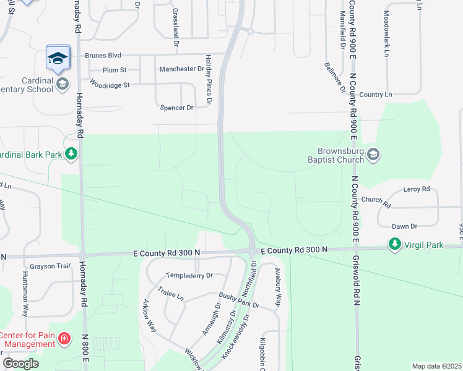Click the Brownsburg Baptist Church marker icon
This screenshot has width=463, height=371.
(373, 154)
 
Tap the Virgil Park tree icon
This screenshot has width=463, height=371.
(394, 245)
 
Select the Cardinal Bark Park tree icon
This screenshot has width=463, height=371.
(72, 153)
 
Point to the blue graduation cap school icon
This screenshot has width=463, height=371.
(58, 58)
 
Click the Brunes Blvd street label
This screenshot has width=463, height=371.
(104, 54)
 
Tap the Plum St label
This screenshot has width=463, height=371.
(115, 70)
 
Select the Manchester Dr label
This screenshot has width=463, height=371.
(181, 69)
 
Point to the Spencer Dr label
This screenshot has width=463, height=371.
(177, 108)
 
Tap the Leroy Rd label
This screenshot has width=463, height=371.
(416, 189)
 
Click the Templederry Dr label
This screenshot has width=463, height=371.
(189, 275)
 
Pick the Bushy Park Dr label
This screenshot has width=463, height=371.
(239, 301)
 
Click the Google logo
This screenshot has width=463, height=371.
(20, 364)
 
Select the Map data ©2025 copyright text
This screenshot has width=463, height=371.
(436, 366)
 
